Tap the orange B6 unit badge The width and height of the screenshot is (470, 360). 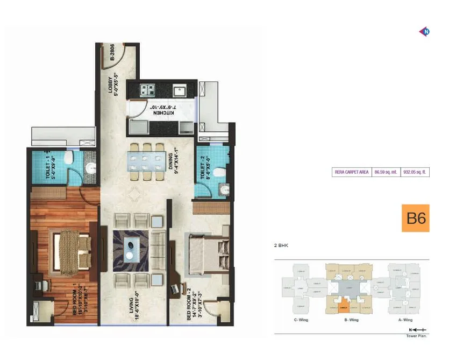pyautogui.click(x=416, y=218)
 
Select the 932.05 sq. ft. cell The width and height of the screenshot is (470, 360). pyautogui.click(x=416, y=172)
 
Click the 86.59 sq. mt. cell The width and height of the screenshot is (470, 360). pyautogui.click(x=386, y=172)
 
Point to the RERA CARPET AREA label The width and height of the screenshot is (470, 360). pyautogui.click(x=352, y=172)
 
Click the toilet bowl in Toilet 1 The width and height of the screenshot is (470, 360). pyautogui.click(x=68, y=157)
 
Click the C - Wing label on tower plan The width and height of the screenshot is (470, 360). pyautogui.click(x=300, y=320)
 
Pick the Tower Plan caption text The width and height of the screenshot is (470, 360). pyautogui.click(x=417, y=336)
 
